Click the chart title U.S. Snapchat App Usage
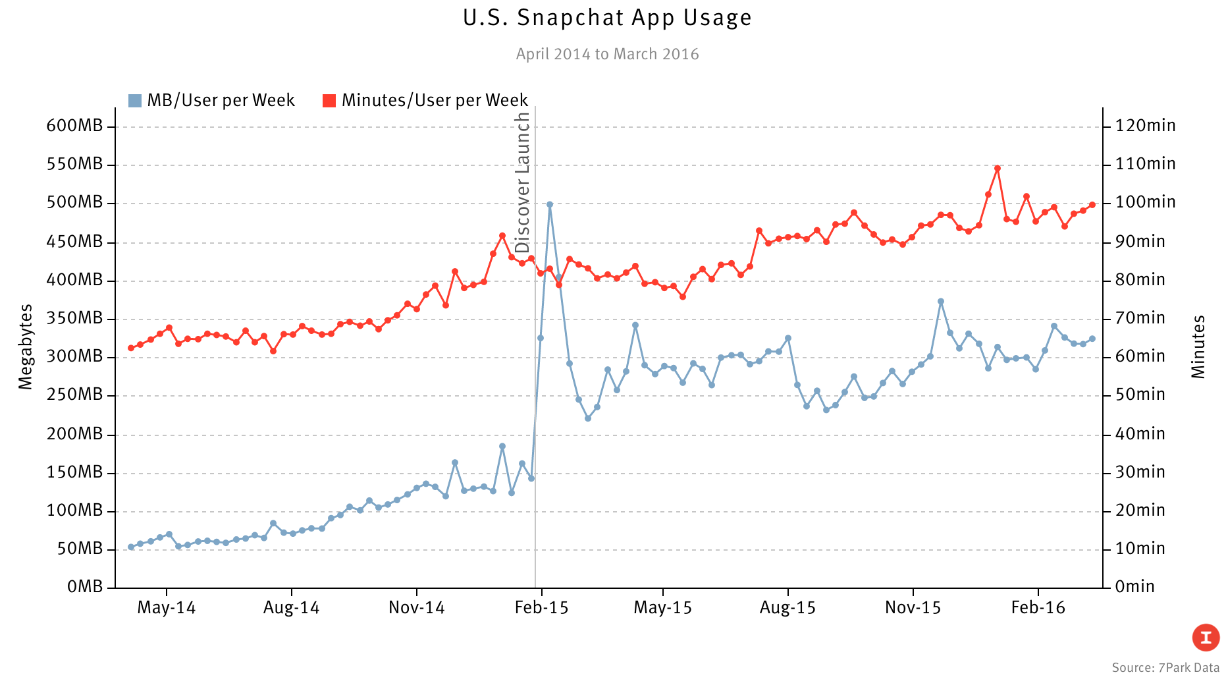pyautogui.click(x=607, y=18)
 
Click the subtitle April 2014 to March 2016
pyautogui.click(x=607, y=54)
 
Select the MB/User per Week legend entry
pyautogui.click(x=212, y=100)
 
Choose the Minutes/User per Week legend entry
pyautogui.click(x=426, y=100)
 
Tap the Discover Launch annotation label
pyautogui.click(x=523, y=182)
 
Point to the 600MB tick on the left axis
pyautogui.click(x=74, y=126)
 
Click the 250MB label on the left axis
pyautogui.click(x=74, y=395)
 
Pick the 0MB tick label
pyautogui.click(x=85, y=586)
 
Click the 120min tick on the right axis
pyautogui.click(x=1145, y=126)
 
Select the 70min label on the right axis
pyautogui.click(x=1140, y=318)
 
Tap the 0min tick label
pyautogui.click(x=1134, y=586)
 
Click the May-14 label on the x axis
pyautogui.click(x=166, y=608)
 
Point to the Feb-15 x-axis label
pyautogui.click(x=541, y=608)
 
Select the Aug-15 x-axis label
pyautogui.click(x=787, y=608)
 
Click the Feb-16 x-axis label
pyautogui.click(x=1038, y=608)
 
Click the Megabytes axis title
pyautogui.click(x=26, y=346)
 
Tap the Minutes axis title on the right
pyautogui.click(x=1198, y=346)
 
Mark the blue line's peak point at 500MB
pyautogui.click(x=550, y=204)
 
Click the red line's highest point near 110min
pyautogui.click(x=998, y=168)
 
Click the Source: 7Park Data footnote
pyautogui.click(x=1165, y=668)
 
